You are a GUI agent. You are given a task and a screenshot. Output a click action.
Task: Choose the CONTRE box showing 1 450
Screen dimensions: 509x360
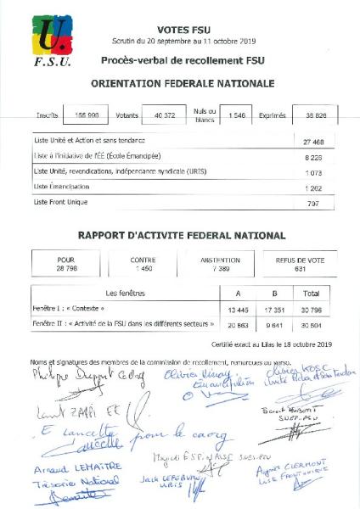[143, 264]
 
